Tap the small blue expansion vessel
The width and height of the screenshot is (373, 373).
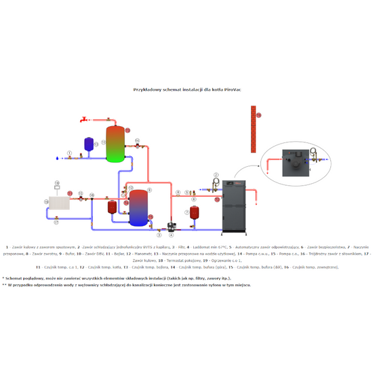[x=88, y=143]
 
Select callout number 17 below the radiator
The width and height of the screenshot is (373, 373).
[x=56, y=222]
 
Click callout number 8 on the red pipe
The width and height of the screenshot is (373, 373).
[x=178, y=193]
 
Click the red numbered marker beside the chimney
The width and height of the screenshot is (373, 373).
[x=258, y=115]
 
